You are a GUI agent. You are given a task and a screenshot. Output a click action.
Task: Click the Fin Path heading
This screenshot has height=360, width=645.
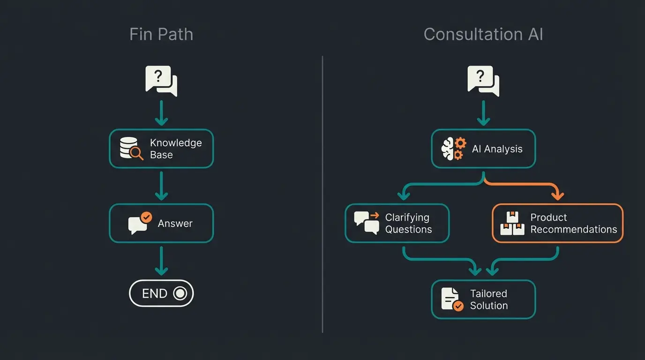tap(161, 34)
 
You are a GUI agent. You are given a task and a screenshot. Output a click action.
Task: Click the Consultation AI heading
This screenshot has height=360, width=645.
tap(483, 34)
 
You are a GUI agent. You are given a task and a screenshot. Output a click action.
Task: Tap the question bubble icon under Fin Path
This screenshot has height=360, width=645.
tap(161, 81)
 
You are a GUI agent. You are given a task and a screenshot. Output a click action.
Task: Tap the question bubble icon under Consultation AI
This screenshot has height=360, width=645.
tap(483, 81)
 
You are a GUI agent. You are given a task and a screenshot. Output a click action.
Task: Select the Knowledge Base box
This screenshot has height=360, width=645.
tap(161, 149)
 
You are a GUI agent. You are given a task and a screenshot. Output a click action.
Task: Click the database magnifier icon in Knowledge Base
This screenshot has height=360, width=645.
tap(131, 149)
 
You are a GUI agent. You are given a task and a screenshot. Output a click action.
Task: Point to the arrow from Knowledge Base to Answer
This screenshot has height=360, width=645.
tap(161, 186)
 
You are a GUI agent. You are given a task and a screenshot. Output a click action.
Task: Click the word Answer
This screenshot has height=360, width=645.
tap(175, 224)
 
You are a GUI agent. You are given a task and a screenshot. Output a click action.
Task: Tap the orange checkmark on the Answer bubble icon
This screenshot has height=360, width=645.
tap(147, 217)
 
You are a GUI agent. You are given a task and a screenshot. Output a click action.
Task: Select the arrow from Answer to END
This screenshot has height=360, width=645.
tap(161, 261)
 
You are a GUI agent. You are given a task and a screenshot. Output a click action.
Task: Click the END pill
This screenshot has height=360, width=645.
tap(161, 293)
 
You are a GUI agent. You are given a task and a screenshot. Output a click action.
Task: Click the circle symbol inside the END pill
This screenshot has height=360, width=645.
tap(180, 293)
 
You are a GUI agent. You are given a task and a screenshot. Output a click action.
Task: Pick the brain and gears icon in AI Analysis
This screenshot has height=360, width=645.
tap(453, 149)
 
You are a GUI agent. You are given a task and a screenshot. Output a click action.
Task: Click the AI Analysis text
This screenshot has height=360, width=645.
tap(497, 149)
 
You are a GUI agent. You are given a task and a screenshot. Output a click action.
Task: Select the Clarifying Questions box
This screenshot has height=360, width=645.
tap(397, 223)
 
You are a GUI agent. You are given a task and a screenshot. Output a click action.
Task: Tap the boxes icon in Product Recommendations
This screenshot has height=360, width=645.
tap(512, 224)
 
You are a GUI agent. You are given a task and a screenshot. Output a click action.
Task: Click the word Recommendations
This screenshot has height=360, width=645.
tap(573, 229)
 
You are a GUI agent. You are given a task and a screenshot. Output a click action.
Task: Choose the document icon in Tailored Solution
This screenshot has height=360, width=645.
tap(451, 299)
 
